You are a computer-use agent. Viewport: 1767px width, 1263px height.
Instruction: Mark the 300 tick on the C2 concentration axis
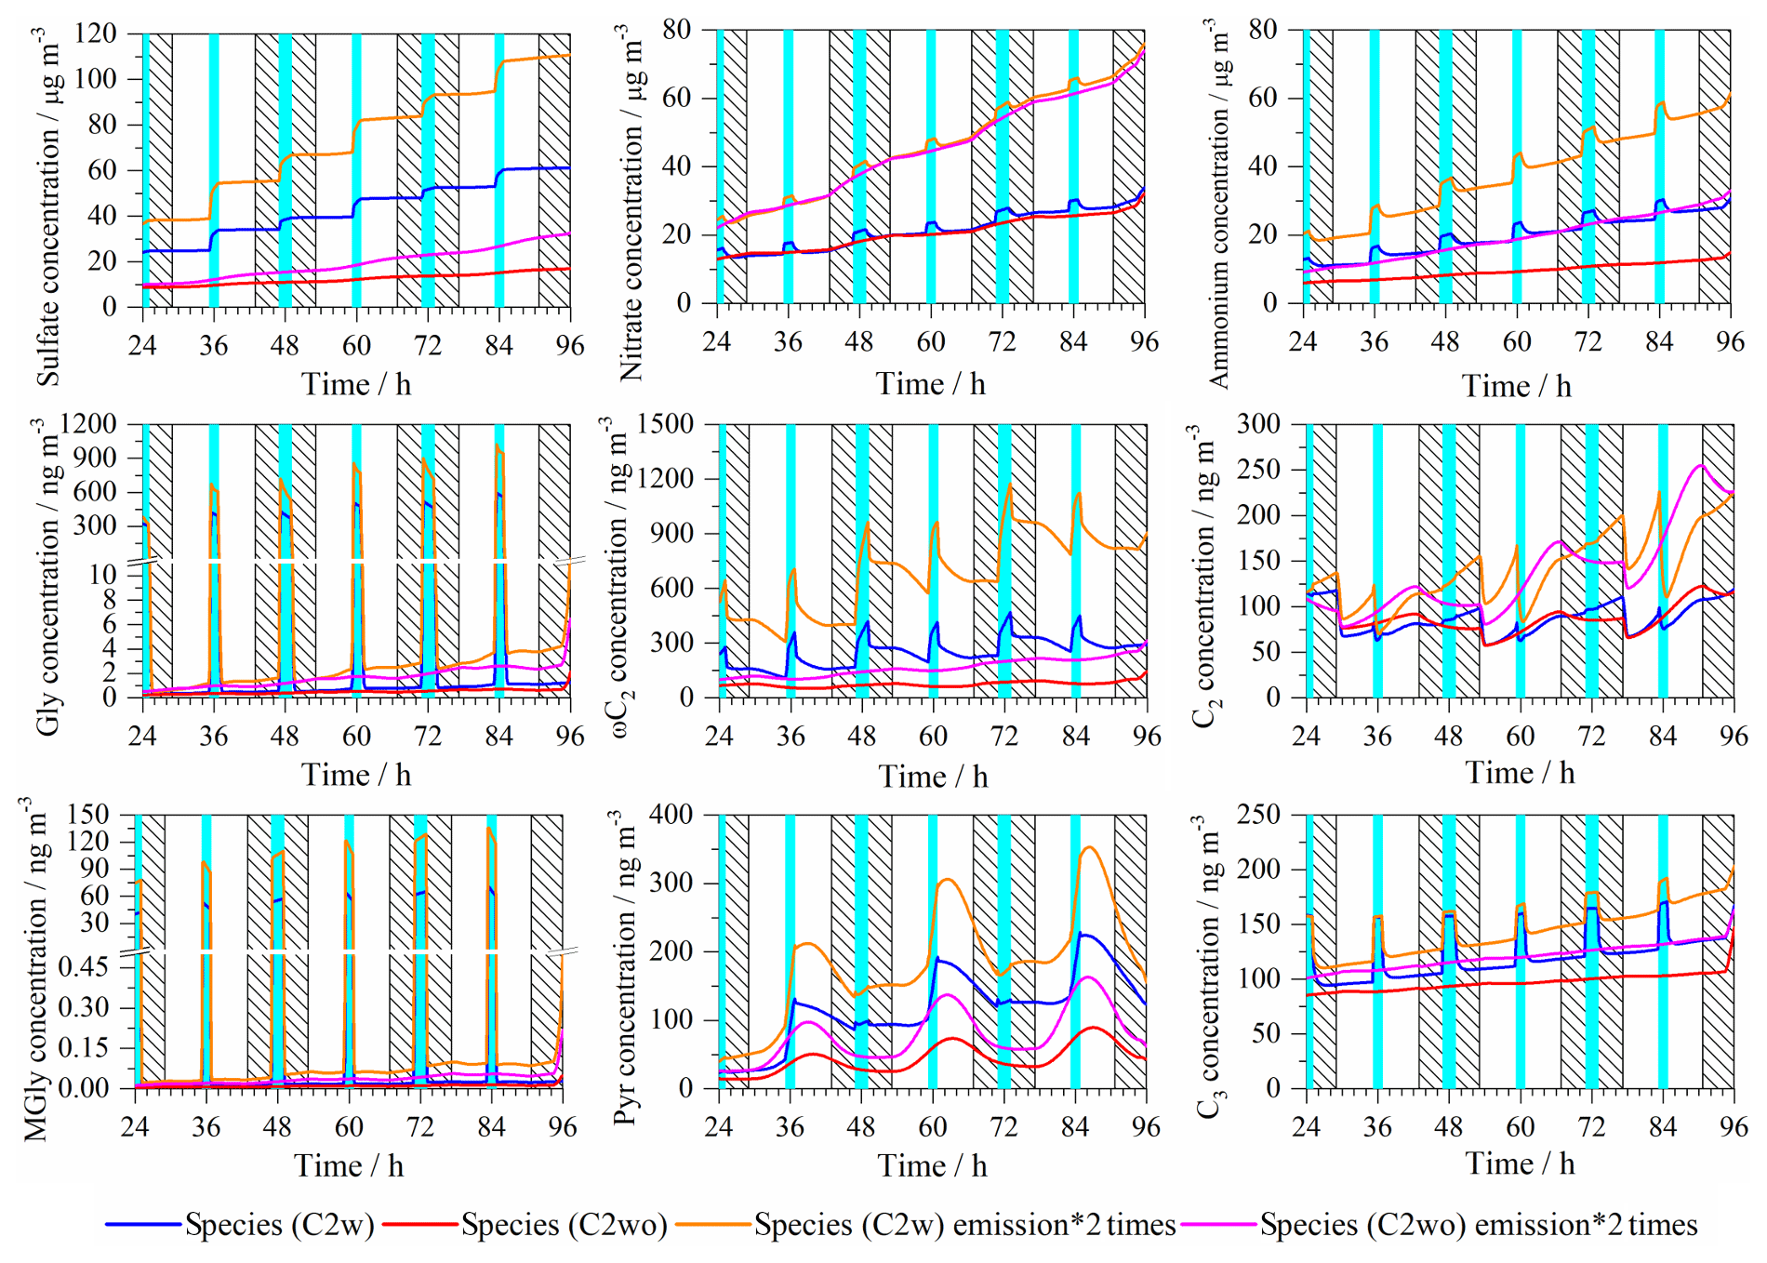coord(1258,424)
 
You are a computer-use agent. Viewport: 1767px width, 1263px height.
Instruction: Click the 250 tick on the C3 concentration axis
coord(1258,815)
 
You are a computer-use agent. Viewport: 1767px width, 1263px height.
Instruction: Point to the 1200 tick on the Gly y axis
coord(88,424)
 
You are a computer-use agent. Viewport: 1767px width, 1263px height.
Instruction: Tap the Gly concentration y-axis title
coord(47,577)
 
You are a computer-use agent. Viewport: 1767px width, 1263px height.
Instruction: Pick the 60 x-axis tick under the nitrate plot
coord(930,342)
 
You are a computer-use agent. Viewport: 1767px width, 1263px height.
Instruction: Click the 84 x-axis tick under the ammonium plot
coord(1659,342)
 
